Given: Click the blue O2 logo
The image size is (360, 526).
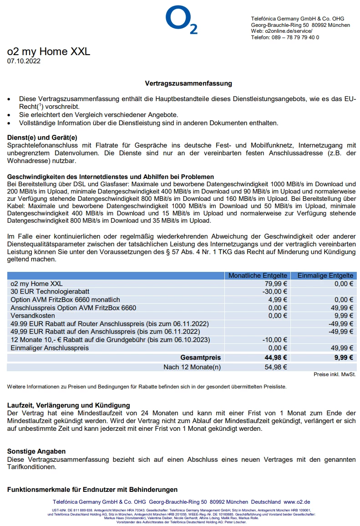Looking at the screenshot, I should click(x=181, y=20).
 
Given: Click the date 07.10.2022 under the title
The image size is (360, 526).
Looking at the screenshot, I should click(x=24, y=61).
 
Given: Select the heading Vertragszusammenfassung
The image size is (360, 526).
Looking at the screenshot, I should click(x=188, y=83).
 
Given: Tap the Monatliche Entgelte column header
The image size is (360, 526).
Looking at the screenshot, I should click(x=258, y=276).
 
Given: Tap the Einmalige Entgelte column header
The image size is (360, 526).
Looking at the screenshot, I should click(x=325, y=276).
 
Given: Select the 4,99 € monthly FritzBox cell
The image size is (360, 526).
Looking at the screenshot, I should click(x=279, y=300).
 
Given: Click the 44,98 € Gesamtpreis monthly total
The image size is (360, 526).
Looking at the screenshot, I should click(x=276, y=357).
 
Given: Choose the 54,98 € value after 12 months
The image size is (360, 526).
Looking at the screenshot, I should click(x=276, y=367).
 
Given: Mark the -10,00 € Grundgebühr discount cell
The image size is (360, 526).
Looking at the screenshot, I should click(x=275, y=340).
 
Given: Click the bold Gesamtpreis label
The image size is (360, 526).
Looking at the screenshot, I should click(x=201, y=357).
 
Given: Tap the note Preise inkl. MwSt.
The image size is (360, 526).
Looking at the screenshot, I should click(x=335, y=374).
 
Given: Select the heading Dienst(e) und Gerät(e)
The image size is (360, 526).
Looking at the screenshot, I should click(x=42, y=137).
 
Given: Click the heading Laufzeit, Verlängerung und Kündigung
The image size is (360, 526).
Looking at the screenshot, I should click(x=68, y=405).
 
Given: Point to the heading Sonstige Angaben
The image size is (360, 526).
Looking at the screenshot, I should click(x=36, y=451).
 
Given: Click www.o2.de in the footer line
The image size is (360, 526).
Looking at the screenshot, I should click(x=297, y=502).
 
